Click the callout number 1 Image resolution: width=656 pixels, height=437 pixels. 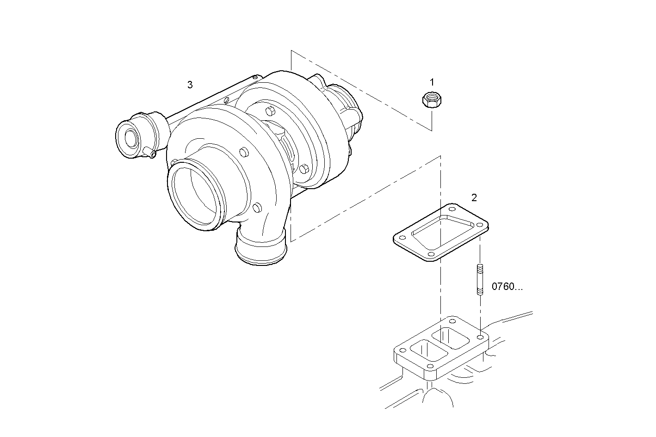tap(432, 82)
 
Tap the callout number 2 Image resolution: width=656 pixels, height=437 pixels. tap(474, 197)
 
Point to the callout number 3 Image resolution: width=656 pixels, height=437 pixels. tap(190, 85)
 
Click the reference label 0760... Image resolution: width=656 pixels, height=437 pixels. tap(507, 287)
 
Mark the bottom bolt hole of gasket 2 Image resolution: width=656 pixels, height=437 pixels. tap(431, 254)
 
